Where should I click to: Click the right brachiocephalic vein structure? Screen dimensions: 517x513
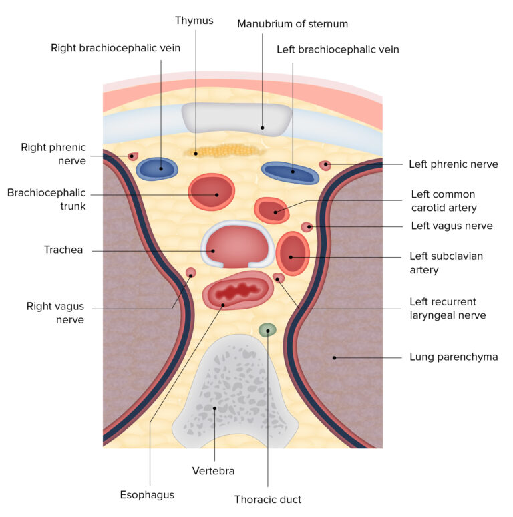point(158,168)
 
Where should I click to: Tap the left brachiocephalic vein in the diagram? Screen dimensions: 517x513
point(290,172)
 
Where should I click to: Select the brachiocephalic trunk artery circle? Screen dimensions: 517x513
point(212,192)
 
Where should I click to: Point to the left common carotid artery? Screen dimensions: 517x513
point(272,210)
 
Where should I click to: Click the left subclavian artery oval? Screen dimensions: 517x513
point(292,254)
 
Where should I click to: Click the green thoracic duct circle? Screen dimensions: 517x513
point(267,329)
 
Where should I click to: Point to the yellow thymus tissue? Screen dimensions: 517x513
point(223,152)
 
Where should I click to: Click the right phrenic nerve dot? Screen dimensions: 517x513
point(133,156)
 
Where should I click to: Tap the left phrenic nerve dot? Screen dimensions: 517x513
point(325,164)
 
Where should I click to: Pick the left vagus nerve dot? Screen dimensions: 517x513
point(307,227)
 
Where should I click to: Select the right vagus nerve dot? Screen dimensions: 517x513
point(190,273)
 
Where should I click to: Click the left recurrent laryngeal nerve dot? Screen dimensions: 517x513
point(279,278)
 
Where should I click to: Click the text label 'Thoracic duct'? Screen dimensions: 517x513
point(267,499)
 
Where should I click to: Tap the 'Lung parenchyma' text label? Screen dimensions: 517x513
point(454,357)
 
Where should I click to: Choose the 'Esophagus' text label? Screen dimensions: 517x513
point(148,494)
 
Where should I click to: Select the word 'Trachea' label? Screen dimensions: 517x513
point(63,250)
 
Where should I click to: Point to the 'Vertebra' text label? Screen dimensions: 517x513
point(213,471)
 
